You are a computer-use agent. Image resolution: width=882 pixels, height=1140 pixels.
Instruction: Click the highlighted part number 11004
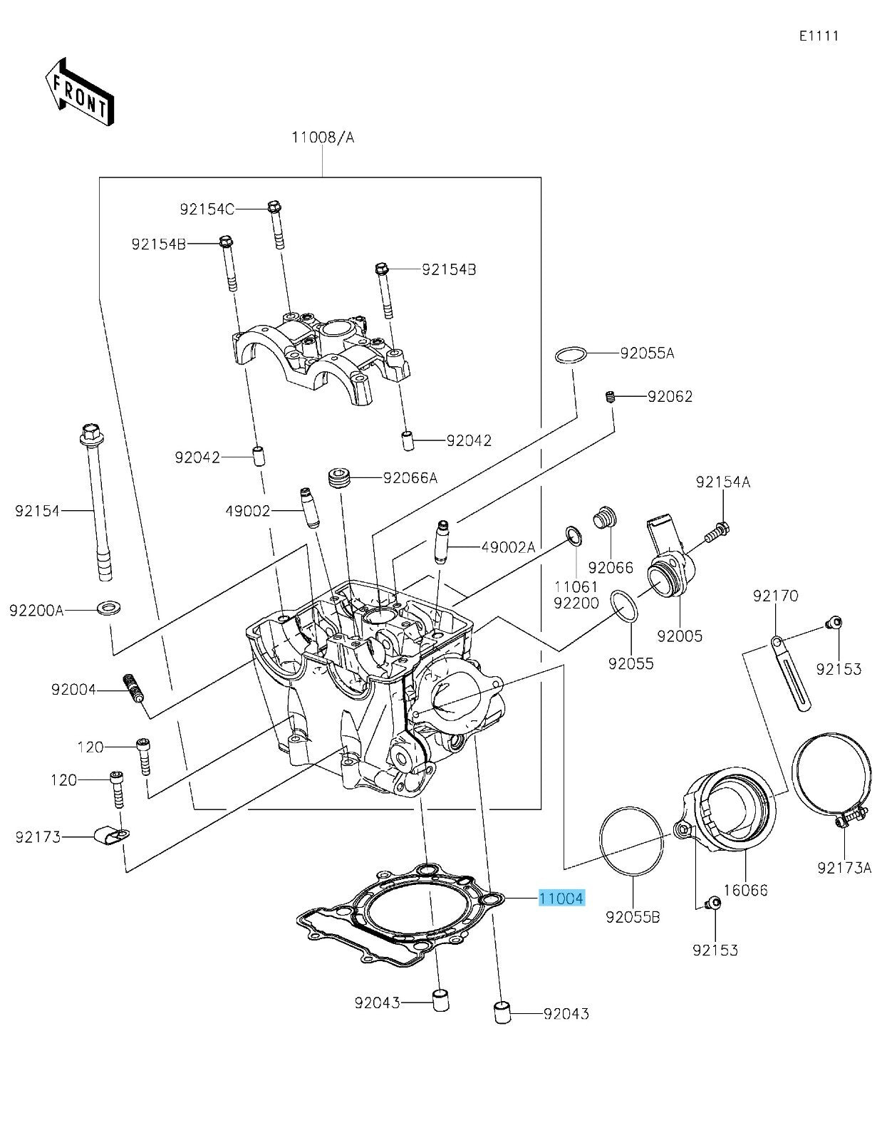pos(561,898)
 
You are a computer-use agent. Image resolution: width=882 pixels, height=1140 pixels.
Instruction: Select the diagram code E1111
pos(819,36)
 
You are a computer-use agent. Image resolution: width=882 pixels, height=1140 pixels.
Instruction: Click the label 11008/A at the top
pos(322,137)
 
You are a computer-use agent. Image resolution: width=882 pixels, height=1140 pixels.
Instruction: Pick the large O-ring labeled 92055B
pos(632,841)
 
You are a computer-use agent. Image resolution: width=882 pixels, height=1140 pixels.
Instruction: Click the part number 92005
pos(679,636)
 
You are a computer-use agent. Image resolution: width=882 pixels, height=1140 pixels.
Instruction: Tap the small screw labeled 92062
pos(610,396)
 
